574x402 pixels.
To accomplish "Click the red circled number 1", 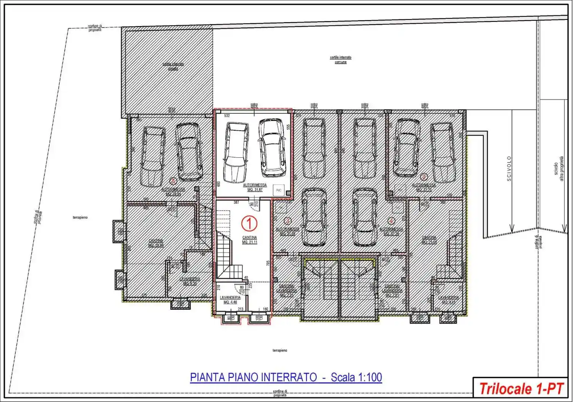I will point(249,223).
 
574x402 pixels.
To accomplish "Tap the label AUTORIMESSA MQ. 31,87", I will point(255,187).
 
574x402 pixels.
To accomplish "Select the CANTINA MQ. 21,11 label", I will point(249,240).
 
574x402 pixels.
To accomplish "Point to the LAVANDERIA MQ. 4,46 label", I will point(230,300).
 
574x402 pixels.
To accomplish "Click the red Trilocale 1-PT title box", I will point(520,389).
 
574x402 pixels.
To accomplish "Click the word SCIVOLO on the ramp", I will point(509,168).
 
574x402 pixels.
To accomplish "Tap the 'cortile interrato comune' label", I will point(341,60).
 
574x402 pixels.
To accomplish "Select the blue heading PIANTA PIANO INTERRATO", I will point(253,377).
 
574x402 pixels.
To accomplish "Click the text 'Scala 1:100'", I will point(356,377).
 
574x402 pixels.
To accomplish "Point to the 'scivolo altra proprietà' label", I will point(559,169).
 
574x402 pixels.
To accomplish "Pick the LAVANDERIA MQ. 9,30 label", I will point(189,281).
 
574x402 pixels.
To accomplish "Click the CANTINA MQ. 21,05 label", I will point(429,240).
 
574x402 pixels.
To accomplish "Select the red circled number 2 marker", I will point(424,176).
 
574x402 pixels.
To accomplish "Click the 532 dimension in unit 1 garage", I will point(227,116).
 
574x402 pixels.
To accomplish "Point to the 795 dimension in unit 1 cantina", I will point(268,263).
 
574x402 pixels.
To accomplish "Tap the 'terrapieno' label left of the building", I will point(80,217).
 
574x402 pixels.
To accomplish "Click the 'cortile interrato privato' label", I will point(173,66).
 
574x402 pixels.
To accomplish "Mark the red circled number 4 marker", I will point(391,221).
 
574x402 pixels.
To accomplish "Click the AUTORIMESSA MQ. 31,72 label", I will point(424,187).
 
